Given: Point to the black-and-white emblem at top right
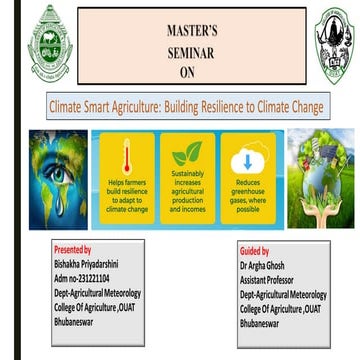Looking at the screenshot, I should (x=333, y=45).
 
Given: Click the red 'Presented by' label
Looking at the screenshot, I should (x=73, y=248).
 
